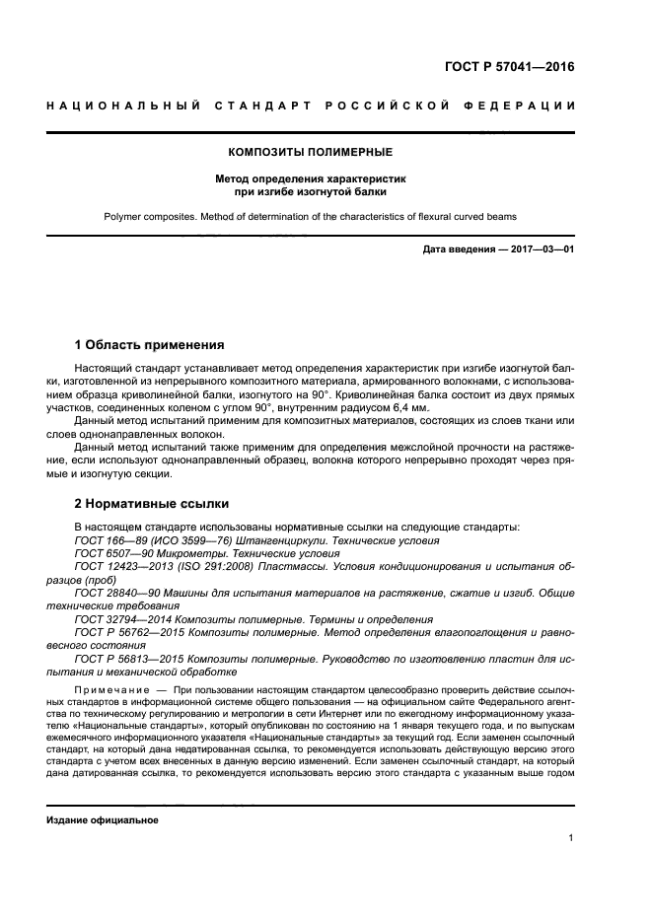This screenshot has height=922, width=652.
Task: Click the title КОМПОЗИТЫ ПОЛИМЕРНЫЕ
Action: point(311,153)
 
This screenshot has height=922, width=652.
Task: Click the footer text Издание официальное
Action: point(103,819)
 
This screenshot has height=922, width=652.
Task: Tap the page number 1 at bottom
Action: point(571,838)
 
